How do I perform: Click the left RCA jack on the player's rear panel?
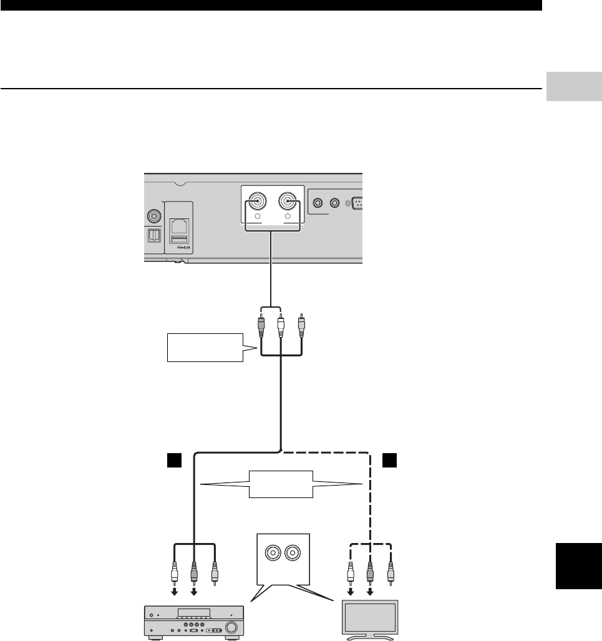256,202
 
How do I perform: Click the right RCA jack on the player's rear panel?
287,202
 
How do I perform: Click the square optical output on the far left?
153,235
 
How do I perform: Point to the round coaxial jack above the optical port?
153,217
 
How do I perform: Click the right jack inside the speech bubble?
293,552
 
